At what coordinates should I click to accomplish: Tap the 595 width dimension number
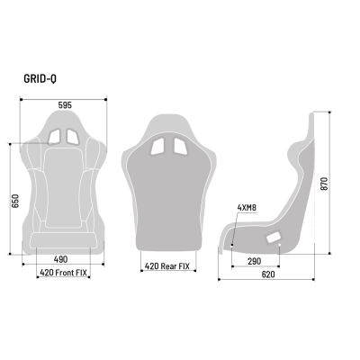pyautogui.click(x=64, y=104)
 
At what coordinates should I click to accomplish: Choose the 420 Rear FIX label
pyautogui.click(x=166, y=266)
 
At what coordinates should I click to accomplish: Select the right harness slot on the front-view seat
pyautogui.click(x=75, y=136)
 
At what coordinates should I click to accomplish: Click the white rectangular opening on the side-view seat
pyautogui.click(x=273, y=238)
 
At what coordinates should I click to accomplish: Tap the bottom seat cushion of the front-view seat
pyautogui.click(x=64, y=239)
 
